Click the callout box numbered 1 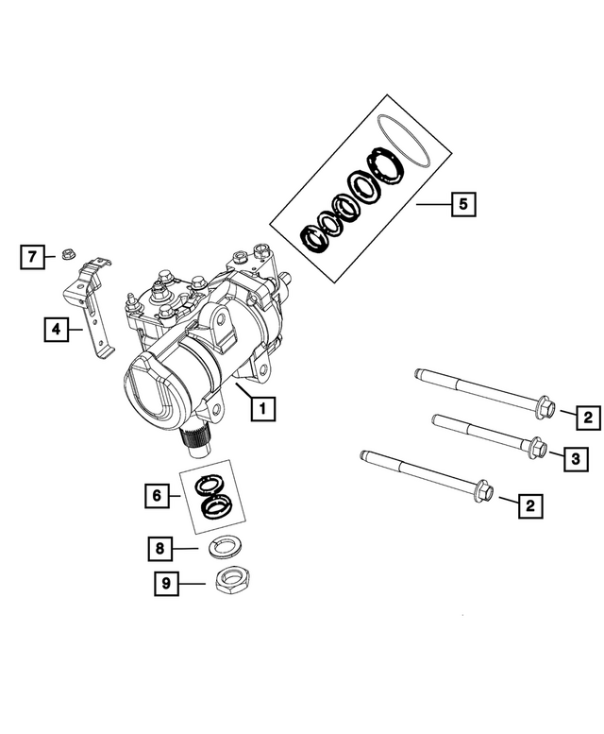pos(261,408)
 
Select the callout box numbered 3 pos(574,460)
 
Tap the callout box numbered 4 pos(56,329)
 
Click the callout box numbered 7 pos(31,256)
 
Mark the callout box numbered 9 pos(165,585)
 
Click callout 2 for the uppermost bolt pos(586,416)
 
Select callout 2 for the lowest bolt pos(529,507)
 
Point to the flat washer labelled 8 pos(224,545)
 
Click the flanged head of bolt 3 pos(536,447)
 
